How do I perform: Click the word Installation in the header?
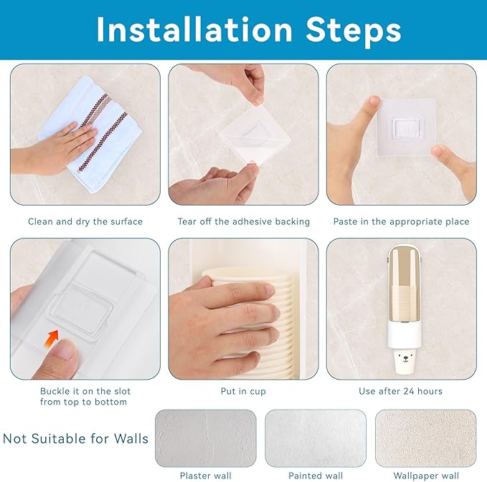point(194,30)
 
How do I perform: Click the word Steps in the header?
point(353,31)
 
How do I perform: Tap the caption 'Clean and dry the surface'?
point(85,221)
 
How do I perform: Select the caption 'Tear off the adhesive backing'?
point(244,221)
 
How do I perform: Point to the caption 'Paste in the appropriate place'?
point(401,221)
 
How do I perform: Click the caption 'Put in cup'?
point(243,391)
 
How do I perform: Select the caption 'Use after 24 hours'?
point(400,391)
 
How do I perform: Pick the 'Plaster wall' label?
point(206,476)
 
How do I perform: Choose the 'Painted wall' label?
point(316,476)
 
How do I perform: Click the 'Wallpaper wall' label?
point(426,476)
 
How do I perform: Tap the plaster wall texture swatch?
point(206,438)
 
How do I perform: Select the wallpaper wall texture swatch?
point(426,438)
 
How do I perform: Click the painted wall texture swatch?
point(316,438)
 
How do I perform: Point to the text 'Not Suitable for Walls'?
point(75,438)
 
